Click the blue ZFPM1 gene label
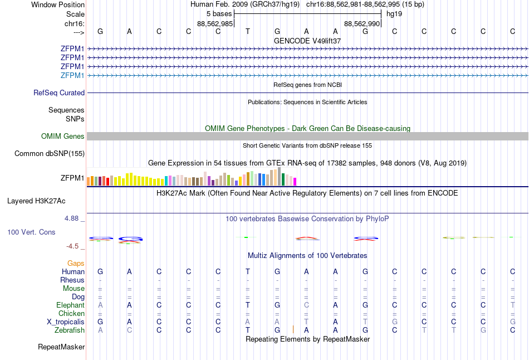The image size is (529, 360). click(x=72, y=75)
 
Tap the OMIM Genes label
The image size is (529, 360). click(x=63, y=137)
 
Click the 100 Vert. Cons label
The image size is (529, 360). click(x=31, y=232)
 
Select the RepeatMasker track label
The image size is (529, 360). click(x=61, y=347)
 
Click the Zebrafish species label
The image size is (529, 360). click(x=70, y=330)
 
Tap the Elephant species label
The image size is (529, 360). click(x=70, y=305)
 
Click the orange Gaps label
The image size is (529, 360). click(x=76, y=263)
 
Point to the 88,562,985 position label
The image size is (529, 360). click(x=215, y=23)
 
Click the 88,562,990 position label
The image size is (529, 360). click(x=362, y=23)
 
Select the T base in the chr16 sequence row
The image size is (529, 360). click(x=247, y=31)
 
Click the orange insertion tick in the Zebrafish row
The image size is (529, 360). click(x=293, y=329)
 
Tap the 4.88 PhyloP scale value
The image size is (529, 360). click(x=71, y=218)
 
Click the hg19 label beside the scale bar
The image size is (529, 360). click(x=394, y=13)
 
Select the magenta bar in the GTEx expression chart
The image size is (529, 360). click(x=295, y=181)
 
